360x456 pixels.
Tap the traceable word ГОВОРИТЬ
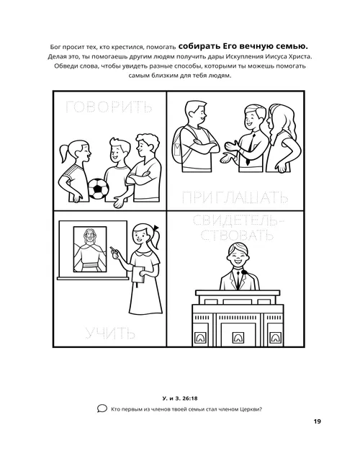(108, 109)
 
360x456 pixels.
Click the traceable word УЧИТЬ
(109, 333)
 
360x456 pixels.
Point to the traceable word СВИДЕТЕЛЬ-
(235, 220)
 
